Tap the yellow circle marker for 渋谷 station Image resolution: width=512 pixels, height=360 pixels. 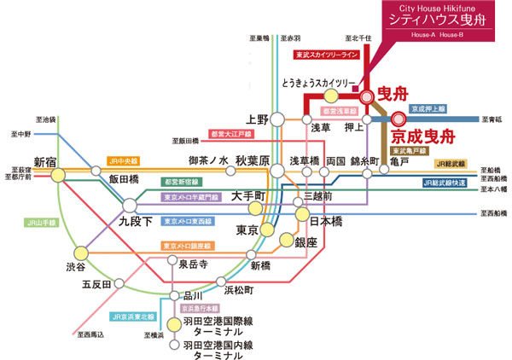click(80, 253)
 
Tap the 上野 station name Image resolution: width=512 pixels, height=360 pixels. click(257, 119)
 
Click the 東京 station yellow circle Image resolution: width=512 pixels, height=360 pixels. click(266, 230)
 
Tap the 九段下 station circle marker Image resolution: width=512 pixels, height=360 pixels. click(129, 206)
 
